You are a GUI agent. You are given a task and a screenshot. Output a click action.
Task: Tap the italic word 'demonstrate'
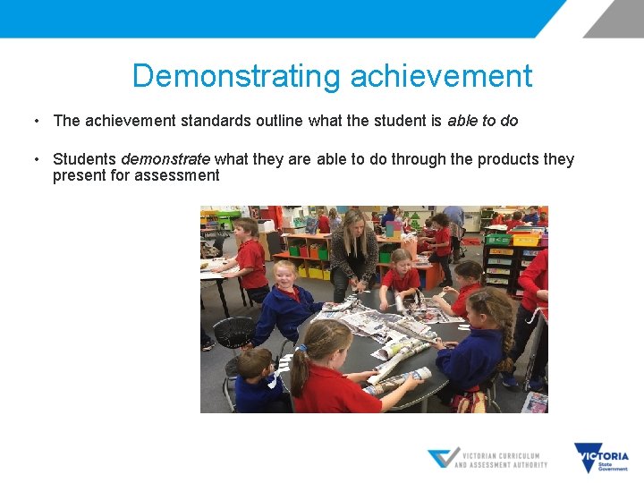point(165,159)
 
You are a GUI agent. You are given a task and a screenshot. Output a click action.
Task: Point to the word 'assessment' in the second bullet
point(176,175)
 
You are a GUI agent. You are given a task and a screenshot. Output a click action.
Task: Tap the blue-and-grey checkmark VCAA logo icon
point(442,458)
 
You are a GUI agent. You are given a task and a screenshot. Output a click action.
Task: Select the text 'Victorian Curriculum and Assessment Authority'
point(501,459)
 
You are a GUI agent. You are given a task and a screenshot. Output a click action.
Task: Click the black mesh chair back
point(234,334)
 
